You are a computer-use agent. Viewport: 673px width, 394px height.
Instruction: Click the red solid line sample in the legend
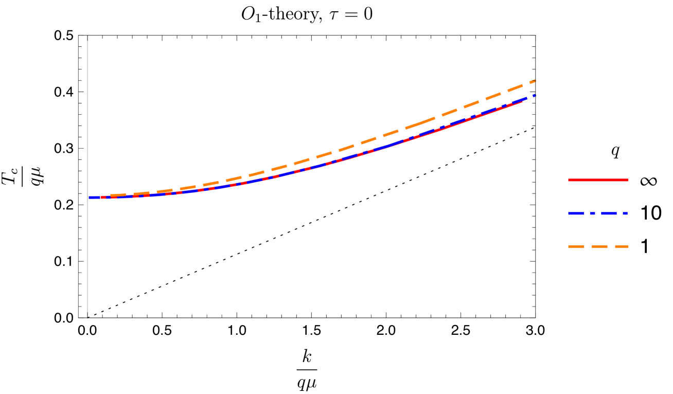(598, 180)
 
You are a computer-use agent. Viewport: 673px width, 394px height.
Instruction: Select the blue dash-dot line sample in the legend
(598, 213)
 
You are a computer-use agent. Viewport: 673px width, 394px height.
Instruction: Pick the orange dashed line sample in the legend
(598, 246)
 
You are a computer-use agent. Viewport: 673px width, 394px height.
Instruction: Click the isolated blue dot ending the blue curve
(534, 95)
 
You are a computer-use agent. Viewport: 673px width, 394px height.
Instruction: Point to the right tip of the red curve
(522, 102)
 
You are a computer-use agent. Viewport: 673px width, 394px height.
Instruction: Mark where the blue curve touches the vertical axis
(88, 198)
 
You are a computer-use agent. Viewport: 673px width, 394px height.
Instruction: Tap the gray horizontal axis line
(309, 317)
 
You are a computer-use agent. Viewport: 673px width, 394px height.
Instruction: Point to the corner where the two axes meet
(88, 317)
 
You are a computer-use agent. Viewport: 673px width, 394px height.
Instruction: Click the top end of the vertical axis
(88, 37)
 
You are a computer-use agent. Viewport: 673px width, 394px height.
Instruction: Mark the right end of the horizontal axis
(535, 317)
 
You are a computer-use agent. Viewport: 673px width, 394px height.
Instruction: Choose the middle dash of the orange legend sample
(599, 246)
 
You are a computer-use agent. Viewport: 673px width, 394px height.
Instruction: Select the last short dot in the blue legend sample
(626, 213)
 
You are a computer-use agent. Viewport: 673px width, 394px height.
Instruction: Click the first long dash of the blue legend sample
(576, 213)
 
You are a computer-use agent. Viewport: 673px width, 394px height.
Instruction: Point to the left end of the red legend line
(569, 180)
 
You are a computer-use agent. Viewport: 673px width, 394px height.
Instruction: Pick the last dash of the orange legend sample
(622, 246)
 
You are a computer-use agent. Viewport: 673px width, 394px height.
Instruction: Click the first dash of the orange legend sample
(576, 246)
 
